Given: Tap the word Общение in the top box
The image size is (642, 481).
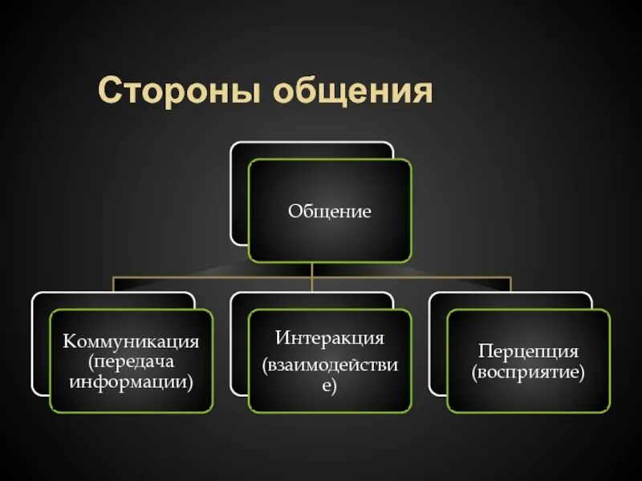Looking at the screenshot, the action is pos(329,212).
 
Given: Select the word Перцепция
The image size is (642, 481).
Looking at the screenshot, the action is pos(528,351).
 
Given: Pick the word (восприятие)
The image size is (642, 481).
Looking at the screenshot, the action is pos(528,372).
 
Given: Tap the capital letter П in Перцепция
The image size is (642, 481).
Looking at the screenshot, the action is pos(485,351).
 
